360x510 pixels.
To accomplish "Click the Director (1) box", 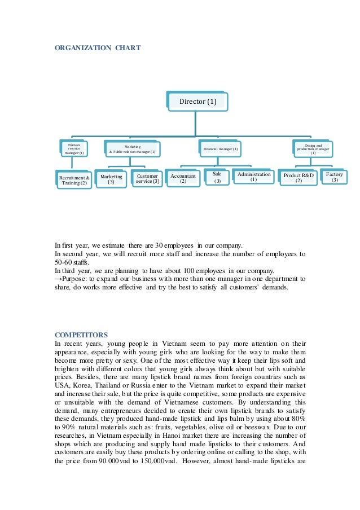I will tap(197, 102).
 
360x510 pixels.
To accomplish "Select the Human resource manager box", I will tap(74, 149).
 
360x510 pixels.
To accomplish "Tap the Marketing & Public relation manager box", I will tap(133, 149).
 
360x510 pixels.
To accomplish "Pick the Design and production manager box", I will tap(313, 149).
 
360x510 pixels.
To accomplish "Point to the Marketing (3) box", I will tap(111, 179).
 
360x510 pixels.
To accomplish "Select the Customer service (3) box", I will tap(147, 179).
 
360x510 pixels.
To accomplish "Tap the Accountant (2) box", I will tap(183, 179).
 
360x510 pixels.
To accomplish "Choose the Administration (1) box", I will tap(254, 177).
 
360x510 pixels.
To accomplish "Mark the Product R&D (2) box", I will tap(298, 178).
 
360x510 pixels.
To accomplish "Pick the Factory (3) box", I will tap(335, 177).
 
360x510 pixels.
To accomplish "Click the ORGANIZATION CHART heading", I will tap(97, 48).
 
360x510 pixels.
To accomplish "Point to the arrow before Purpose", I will tap(58, 279).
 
